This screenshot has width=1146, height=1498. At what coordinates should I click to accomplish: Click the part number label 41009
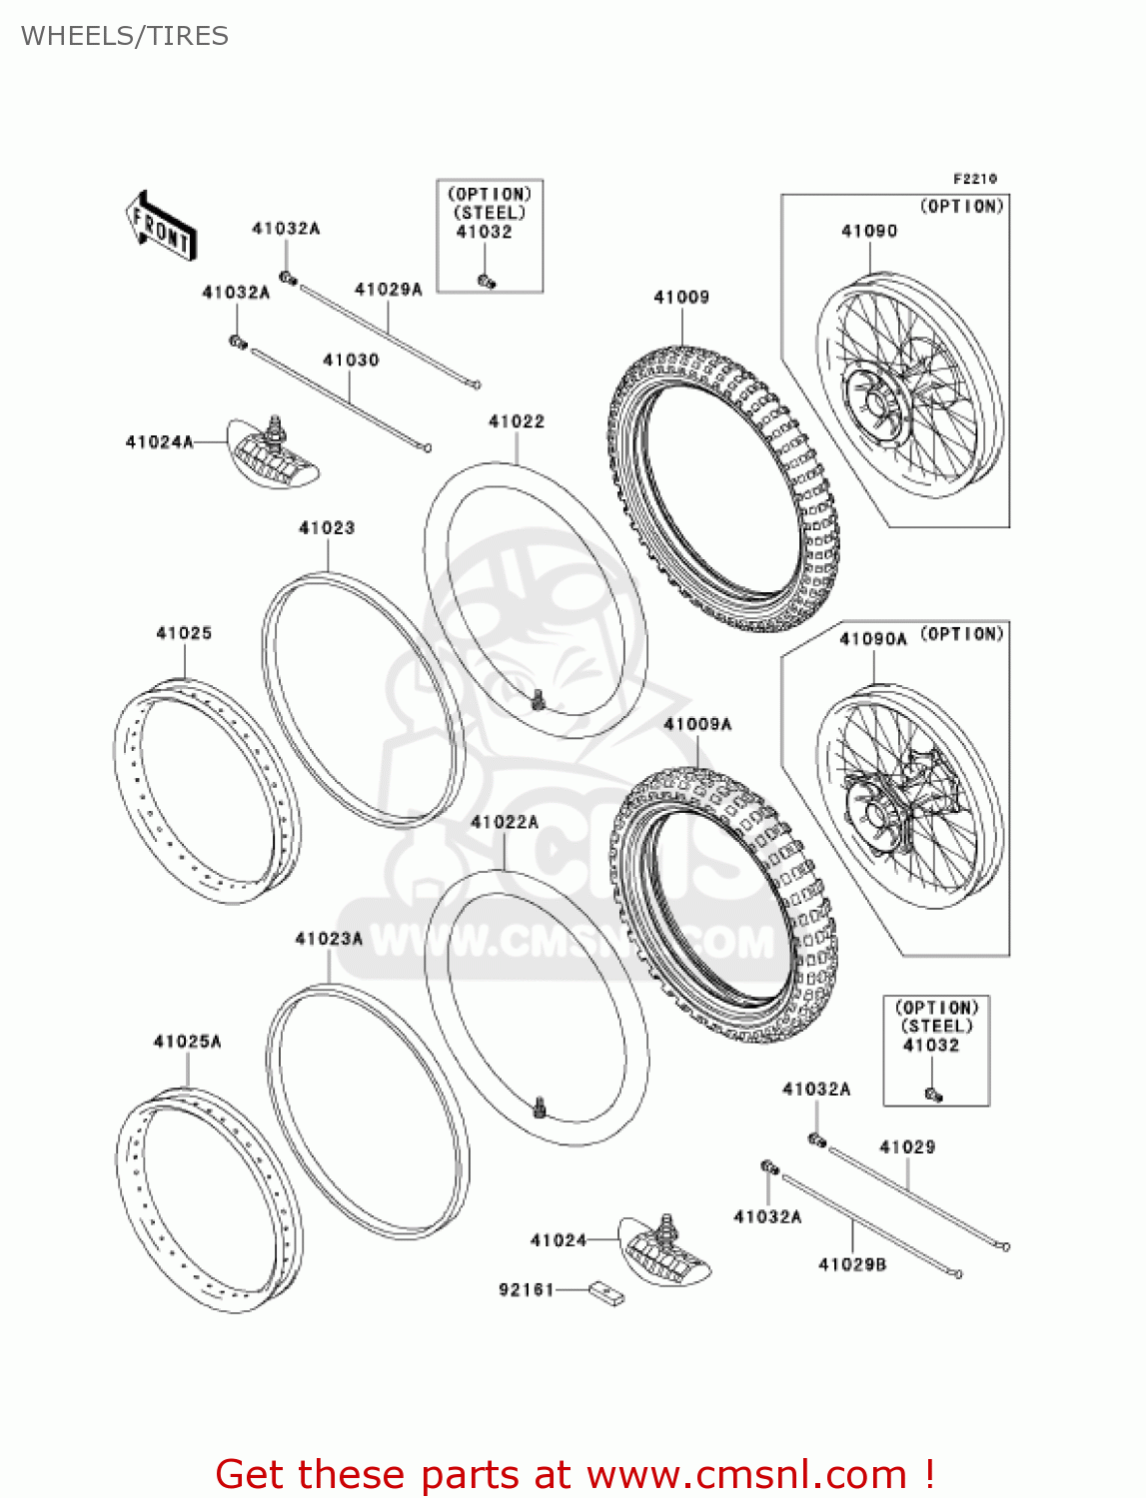click(x=681, y=297)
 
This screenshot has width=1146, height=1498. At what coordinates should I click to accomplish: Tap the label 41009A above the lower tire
click(x=697, y=724)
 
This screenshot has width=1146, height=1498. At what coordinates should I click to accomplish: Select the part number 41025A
click(x=187, y=1042)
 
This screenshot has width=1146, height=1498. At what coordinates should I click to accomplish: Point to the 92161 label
click(x=527, y=1290)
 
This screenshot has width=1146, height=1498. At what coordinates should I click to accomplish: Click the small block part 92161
click(x=606, y=1294)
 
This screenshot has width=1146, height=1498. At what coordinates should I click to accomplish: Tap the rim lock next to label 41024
click(x=664, y=1250)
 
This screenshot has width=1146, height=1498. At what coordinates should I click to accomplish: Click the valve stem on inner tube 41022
click(x=539, y=700)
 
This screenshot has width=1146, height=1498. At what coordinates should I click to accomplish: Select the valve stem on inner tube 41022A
click(x=541, y=1108)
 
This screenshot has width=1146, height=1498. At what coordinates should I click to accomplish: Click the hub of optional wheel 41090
click(x=874, y=402)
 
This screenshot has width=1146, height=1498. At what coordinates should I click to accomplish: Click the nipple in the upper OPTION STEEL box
click(x=487, y=282)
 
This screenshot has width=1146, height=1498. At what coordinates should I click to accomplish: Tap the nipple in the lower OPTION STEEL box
click(x=933, y=1095)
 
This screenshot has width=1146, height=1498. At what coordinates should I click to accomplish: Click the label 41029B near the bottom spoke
click(x=852, y=1264)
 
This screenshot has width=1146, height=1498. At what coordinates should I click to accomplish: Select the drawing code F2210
click(x=974, y=179)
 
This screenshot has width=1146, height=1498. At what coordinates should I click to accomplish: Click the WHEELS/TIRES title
click(x=125, y=36)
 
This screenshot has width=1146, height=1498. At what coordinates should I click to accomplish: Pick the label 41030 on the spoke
click(x=351, y=360)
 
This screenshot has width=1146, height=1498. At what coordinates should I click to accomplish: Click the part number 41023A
click(x=329, y=939)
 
